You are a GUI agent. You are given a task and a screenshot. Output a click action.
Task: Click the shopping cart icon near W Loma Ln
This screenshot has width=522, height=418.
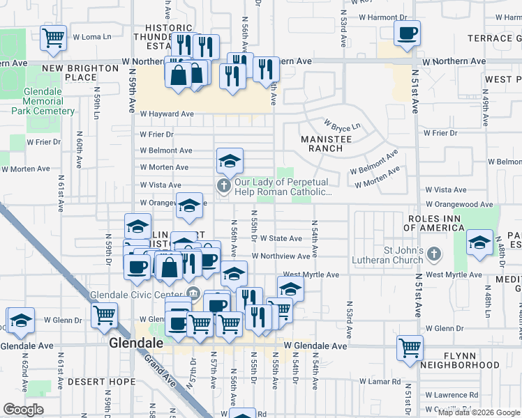54,38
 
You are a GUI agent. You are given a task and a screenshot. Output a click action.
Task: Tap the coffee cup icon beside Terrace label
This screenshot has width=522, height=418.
407,32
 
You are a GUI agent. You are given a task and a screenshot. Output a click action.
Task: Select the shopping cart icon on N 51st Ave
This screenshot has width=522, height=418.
410,348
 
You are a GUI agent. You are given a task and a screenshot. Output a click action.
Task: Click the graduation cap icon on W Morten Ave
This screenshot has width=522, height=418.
230,162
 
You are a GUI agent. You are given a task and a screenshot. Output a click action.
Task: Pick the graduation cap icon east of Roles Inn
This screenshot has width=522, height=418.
479,243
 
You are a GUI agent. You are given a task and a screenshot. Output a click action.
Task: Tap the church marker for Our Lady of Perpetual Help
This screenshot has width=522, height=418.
223,185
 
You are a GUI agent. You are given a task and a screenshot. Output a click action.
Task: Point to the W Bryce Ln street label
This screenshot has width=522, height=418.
341,125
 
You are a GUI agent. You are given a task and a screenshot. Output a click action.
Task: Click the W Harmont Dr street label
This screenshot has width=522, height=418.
382,17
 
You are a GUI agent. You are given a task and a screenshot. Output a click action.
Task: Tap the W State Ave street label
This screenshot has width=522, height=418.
281,238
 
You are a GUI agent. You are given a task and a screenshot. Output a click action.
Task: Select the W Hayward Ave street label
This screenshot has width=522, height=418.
167,114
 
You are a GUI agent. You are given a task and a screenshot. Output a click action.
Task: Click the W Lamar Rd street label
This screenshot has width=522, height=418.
380,382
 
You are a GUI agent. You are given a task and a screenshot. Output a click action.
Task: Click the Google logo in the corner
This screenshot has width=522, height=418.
23,410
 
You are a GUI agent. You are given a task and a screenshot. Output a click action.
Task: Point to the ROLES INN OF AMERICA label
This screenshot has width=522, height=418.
443,224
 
